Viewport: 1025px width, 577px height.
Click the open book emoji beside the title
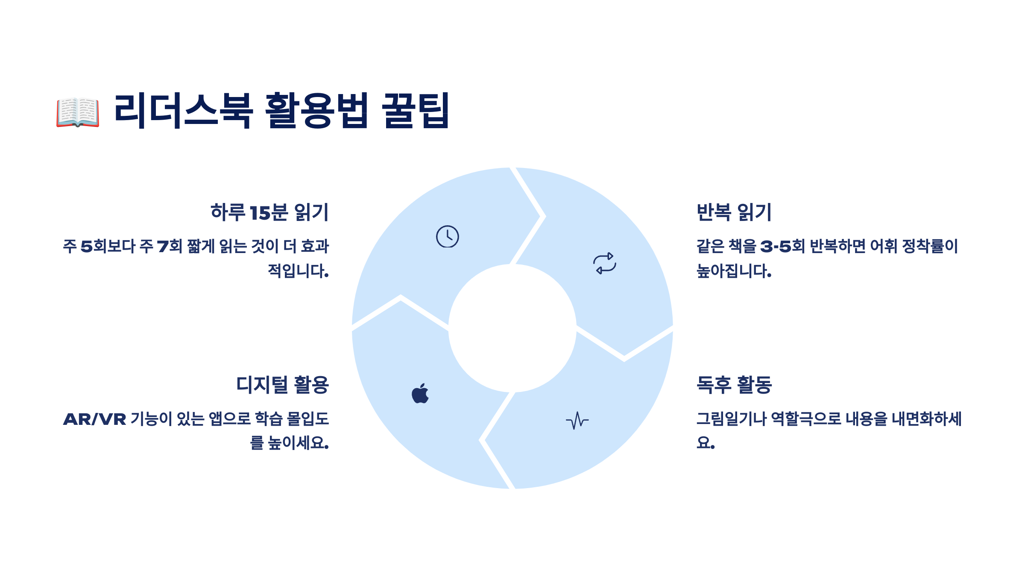[78, 112]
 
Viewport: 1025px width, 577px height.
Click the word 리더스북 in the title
[183, 111]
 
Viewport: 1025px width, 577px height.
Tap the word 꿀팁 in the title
[415, 111]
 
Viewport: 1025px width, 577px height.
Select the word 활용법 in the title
[316, 111]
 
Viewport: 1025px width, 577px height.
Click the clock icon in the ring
[447, 236]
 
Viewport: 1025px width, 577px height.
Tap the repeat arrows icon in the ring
[605, 263]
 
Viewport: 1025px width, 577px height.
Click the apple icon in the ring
[420, 393]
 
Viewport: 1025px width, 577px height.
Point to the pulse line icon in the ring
[577, 421]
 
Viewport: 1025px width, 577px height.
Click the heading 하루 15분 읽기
[269, 212]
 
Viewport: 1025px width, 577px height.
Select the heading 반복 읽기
[734, 212]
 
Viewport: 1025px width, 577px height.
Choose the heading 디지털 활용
[282, 385]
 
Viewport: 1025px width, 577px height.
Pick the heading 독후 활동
[734, 385]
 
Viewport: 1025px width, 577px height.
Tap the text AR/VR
[95, 419]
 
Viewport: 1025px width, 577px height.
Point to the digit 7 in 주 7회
[163, 247]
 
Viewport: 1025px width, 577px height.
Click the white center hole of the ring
[512, 328]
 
